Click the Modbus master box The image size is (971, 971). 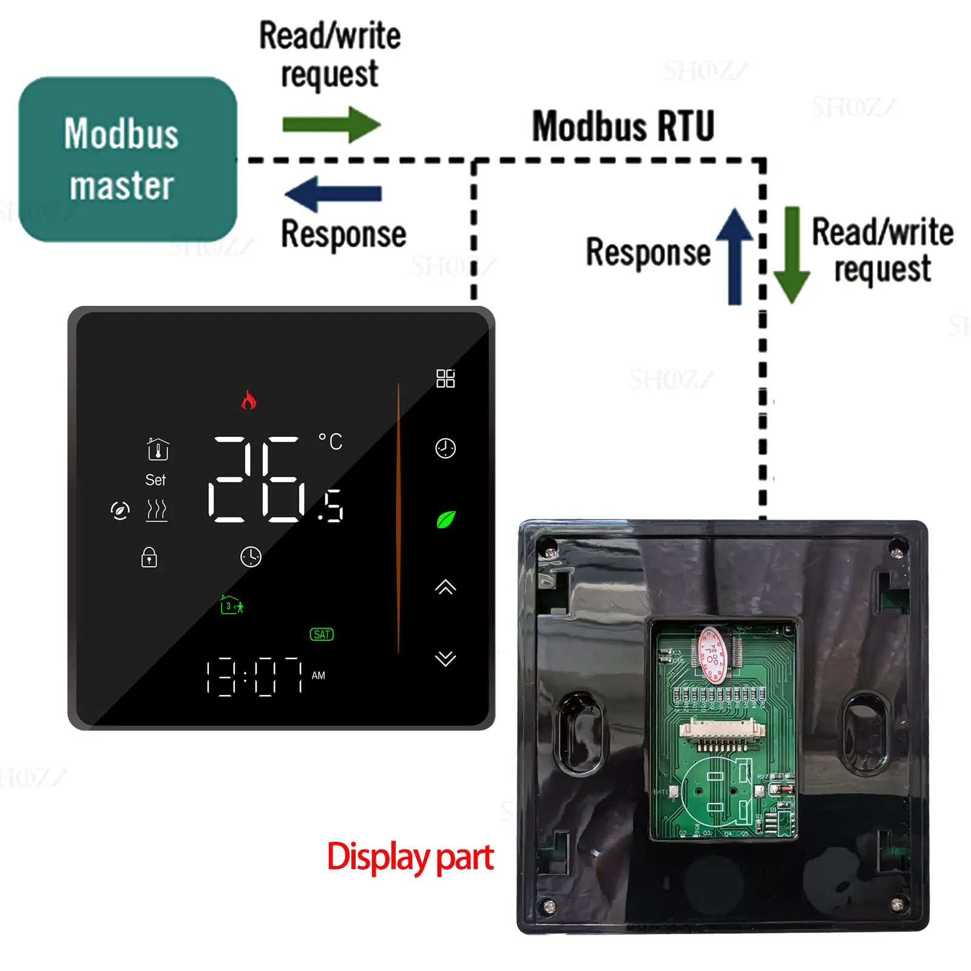pos(127,159)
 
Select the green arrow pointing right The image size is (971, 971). pos(331,125)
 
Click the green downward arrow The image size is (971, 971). pos(792,255)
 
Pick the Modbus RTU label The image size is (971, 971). pos(623,126)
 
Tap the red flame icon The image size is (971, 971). pos(249,399)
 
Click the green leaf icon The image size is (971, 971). pos(446,519)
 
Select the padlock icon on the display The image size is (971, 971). pos(149,557)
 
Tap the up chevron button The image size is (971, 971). pos(445,587)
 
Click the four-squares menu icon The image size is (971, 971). pos(445,379)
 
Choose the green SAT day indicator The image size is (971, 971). pos(322,635)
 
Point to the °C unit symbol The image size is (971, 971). pos(331,441)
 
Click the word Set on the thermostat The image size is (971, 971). pos(155,480)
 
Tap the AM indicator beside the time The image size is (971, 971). pos(319,675)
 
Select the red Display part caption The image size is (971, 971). pos(410,857)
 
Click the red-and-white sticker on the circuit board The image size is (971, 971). pos(712,655)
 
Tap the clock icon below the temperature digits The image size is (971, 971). pos(251,557)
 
